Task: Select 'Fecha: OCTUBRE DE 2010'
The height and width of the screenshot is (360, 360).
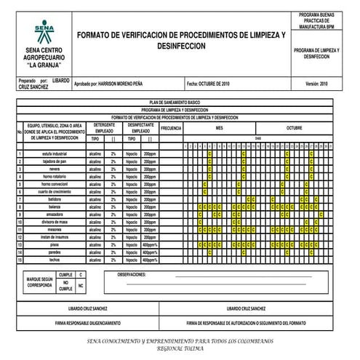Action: (x=209, y=84)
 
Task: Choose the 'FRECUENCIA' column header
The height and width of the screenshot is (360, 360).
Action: (x=170, y=128)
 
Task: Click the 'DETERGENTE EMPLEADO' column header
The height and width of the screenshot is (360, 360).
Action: (x=104, y=128)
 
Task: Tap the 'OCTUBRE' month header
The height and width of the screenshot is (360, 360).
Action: (x=293, y=128)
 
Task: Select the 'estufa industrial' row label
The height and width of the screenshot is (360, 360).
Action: (x=55, y=154)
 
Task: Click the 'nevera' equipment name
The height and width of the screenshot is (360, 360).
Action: (x=55, y=169)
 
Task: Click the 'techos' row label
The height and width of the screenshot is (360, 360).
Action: (x=55, y=259)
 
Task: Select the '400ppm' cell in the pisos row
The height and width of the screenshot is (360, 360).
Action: (x=150, y=244)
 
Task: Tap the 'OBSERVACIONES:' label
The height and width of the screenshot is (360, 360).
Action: (x=132, y=275)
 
